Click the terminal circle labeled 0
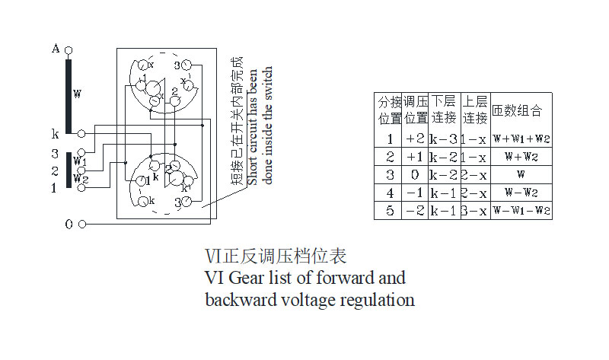point(82,224)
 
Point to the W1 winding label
point(80,161)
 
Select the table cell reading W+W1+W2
point(521,139)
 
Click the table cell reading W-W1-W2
point(521,211)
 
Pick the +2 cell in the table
point(415,139)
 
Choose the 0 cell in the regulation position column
point(415,175)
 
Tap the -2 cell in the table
point(415,211)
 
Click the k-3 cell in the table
point(443,139)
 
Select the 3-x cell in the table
point(473,211)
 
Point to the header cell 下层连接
point(443,110)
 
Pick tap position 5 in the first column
point(389,211)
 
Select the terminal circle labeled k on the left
point(81,133)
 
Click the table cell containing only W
point(521,175)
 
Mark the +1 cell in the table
point(415,157)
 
